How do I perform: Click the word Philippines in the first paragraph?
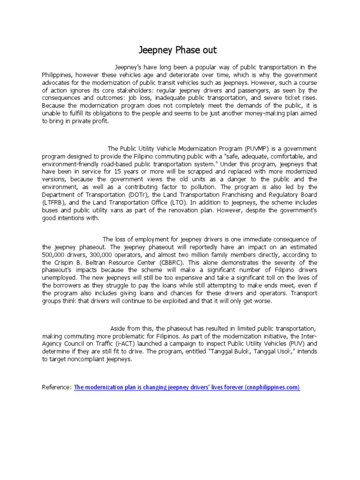click(x=57, y=75)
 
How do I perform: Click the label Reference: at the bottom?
click(x=57, y=387)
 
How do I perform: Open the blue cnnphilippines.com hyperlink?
click(x=187, y=387)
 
